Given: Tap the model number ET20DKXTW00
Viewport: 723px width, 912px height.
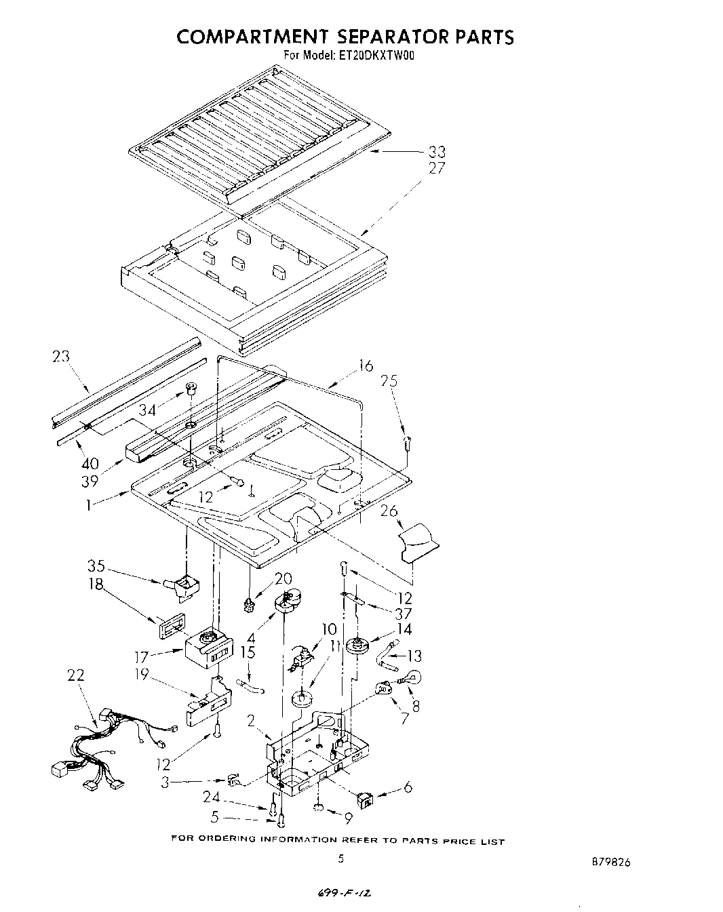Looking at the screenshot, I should [375, 56].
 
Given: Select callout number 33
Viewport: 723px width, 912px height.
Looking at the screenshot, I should [435, 153].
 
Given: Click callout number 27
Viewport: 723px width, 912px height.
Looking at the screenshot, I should [435, 168].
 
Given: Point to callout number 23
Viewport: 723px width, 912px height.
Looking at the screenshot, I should [62, 357].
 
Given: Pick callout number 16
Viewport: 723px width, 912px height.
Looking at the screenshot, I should [365, 366].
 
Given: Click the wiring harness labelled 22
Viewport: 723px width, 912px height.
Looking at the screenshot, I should [102, 746].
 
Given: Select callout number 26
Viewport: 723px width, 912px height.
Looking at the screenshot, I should [389, 511].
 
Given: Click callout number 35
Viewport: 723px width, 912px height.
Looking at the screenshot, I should [96, 566].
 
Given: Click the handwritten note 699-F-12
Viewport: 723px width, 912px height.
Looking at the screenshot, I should [344, 894].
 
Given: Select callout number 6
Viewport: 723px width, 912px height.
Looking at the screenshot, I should [407, 787].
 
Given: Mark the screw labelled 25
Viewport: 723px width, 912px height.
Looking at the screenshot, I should [405, 445].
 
